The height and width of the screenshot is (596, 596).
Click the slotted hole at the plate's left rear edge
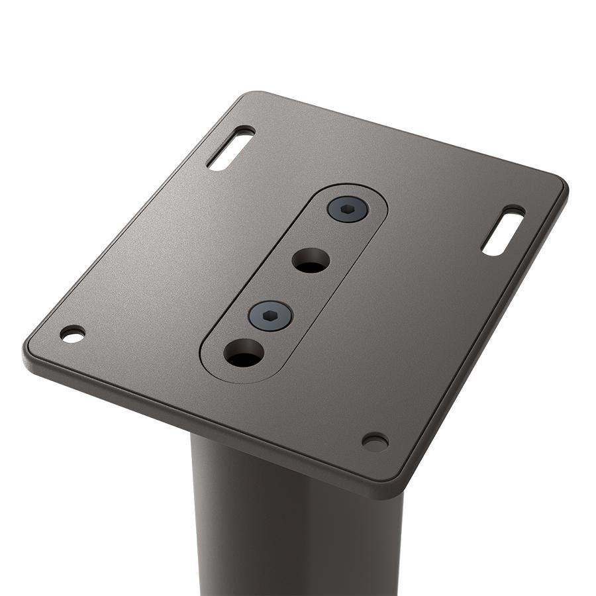(230, 148)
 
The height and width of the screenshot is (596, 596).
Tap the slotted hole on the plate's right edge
(503, 231)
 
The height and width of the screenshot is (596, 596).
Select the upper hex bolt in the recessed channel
(348, 209)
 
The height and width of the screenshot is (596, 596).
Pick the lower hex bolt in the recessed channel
(270, 315)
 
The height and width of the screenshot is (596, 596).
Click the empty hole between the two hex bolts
(311, 260)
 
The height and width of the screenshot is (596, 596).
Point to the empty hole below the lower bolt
(243, 352)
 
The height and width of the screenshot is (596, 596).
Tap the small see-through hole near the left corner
(72, 334)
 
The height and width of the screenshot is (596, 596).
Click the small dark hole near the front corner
(375, 442)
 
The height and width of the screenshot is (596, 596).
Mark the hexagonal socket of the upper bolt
(348, 209)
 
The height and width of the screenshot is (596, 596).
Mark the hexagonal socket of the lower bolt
(270, 315)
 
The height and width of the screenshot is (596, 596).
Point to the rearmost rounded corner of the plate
(255, 95)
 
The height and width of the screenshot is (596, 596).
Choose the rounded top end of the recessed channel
(361, 192)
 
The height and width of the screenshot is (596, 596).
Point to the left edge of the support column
(193, 517)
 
